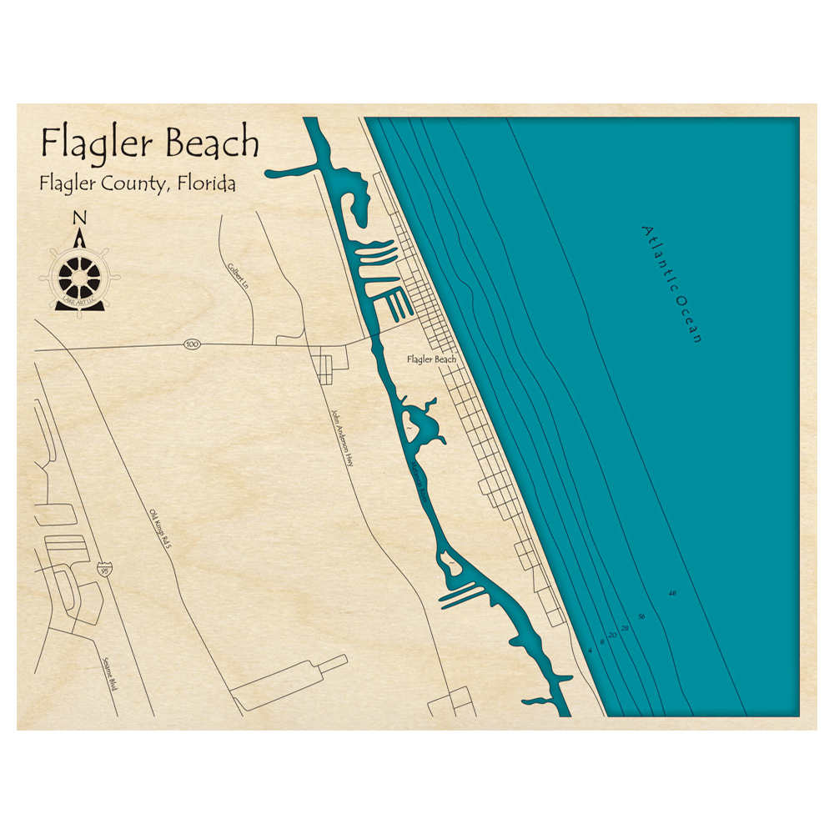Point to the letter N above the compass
coord(80,218)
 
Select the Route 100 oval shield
coord(193,344)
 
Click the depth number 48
coord(672,594)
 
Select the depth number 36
coord(641,616)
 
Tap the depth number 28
coord(625,627)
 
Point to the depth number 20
coord(613,636)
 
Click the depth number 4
coord(590,650)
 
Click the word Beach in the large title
coord(213,143)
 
